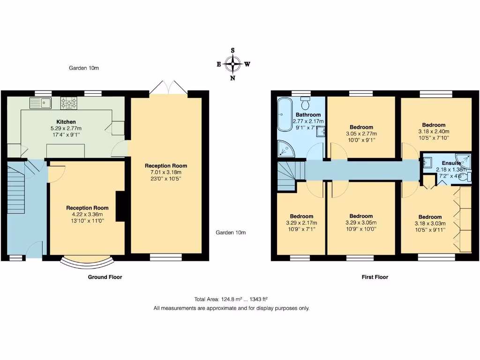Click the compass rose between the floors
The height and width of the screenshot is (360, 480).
point(232,64)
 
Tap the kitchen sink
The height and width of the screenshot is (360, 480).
point(40,102)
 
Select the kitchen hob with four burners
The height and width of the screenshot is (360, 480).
point(68,102)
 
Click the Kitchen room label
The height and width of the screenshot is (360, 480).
point(66,122)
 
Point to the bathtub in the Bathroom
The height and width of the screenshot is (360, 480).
point(284,115)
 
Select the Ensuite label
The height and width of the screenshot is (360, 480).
point(451,163)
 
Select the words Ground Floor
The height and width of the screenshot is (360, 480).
point(105,277)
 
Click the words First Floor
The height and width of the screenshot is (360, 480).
point(375,277)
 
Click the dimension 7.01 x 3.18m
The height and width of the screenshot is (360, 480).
point(166,172)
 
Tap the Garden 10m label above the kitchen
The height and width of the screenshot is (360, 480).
point(84,68)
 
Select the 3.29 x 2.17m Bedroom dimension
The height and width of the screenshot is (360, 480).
point(301,223)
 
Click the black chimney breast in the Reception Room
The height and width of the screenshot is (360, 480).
point(120,206)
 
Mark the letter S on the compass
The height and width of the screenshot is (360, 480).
point(232,50)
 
